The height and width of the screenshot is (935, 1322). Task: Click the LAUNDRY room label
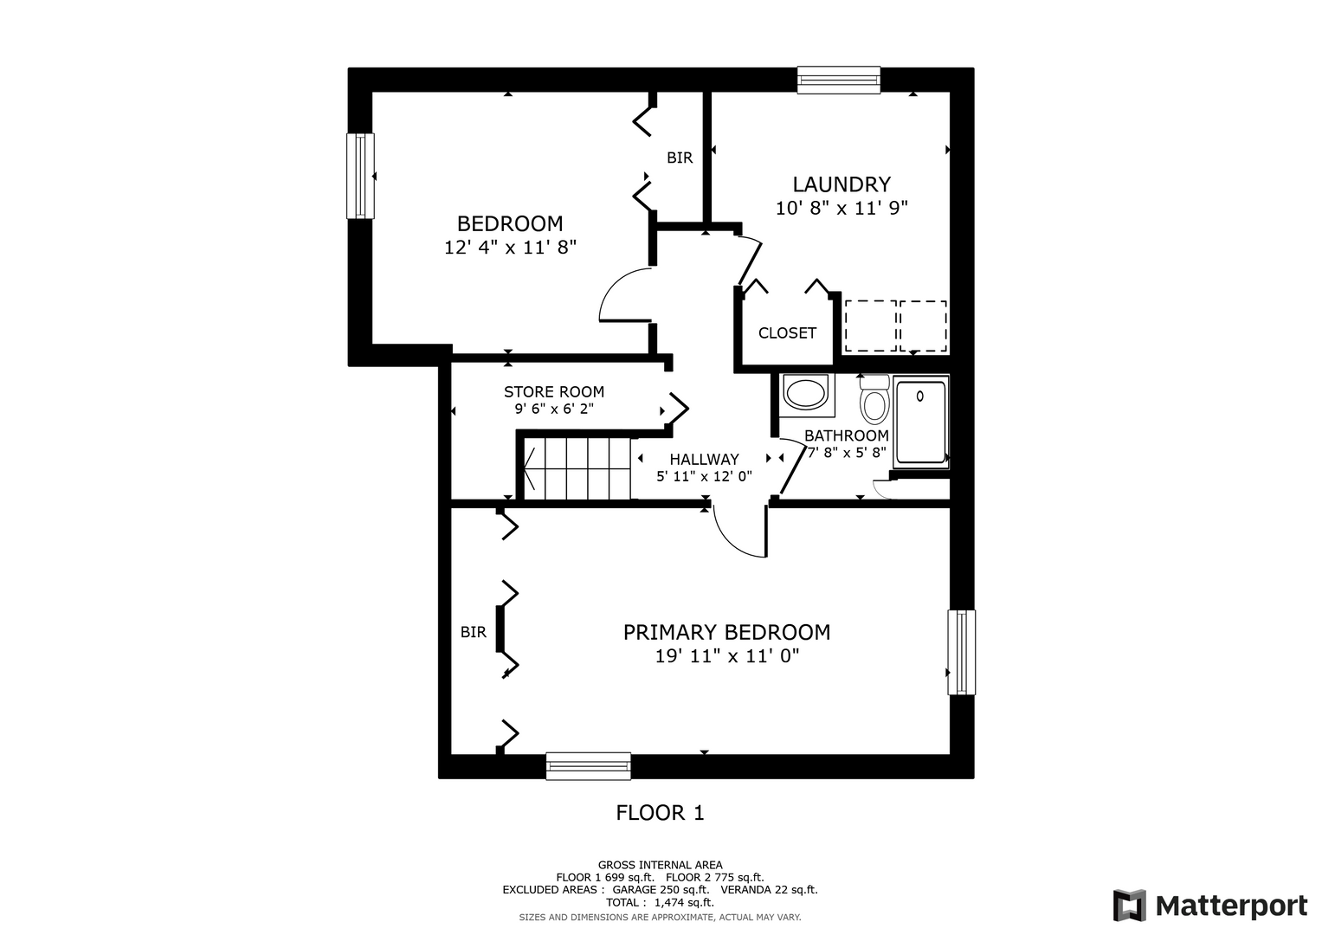tap(841, 184)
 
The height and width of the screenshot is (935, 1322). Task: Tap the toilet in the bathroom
tap(874, 400)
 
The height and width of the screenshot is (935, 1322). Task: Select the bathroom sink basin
tap(806, 394)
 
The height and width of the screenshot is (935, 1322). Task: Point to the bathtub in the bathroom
tap(920, 422)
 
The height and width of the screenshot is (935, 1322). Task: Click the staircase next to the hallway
tap(577, 468)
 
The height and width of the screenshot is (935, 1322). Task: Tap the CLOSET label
tap(787, 333)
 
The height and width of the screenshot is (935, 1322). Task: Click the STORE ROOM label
tap(553, 391)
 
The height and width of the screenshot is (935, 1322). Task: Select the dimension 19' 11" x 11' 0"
tap(726, 656)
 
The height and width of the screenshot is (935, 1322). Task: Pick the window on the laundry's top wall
tap(839, 80)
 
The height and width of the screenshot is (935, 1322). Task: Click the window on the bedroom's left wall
tap(360, 176)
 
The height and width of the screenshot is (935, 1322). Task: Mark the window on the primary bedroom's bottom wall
tap(589, 765)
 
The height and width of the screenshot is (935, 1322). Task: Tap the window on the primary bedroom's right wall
tap(961, 652)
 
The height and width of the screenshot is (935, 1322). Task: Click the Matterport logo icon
tap(1130, 905)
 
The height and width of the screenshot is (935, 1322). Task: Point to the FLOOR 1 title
tap(660, 813)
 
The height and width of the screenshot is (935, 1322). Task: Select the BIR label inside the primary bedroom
tap(474, 632)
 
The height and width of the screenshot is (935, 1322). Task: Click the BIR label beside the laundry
tap(680, 158)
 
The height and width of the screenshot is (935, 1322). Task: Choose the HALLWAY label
tap(704, 459)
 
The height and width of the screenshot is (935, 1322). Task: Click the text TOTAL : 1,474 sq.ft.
tap(660, 902)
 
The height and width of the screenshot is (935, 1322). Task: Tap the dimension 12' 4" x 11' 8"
tap(510, 248)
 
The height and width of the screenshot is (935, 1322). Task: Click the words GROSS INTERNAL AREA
tap(660, 865)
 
